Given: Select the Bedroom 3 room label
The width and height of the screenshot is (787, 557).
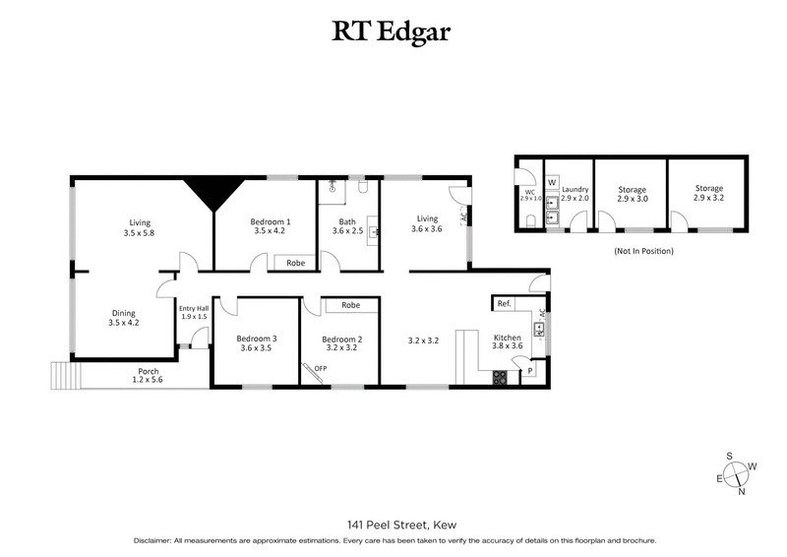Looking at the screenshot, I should click(257, 342).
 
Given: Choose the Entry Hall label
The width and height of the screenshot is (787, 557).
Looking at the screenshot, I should click(194, 312).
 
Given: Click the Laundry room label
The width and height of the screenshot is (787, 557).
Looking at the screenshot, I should click(575, 193).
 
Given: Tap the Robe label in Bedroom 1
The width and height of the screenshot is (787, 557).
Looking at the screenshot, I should click(294, 263).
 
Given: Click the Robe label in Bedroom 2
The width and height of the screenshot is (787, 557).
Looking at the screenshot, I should click(350, 305).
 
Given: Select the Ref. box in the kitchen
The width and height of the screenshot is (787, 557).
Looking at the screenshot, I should click(505, 303).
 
